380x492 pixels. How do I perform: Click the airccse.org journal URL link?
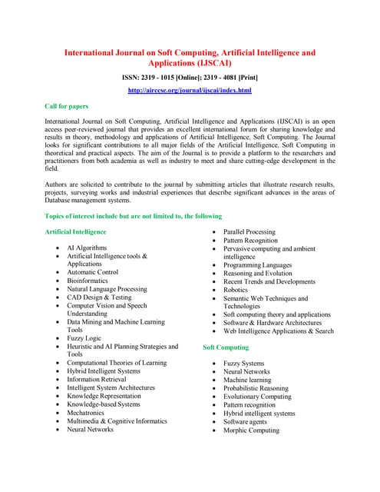tap(190, 91)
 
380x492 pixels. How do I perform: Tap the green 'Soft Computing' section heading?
tap(225, 347)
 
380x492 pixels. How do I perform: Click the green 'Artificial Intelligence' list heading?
tap(75, 231)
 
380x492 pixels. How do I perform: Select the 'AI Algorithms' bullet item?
tap(87, 248)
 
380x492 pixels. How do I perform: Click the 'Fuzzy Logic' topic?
tap(84, 338)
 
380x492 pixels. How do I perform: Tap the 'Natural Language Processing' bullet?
tap(107, 289)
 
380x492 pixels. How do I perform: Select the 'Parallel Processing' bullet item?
tap(249, 231)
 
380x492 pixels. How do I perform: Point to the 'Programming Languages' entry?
tap(257, 264)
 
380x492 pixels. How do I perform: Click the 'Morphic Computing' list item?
tap(251, 430)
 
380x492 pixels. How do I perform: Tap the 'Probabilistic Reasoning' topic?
tap(256, 388)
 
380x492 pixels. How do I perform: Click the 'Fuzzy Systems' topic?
tap(243, 364)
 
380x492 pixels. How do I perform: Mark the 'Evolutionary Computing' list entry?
tap(257, 397)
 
